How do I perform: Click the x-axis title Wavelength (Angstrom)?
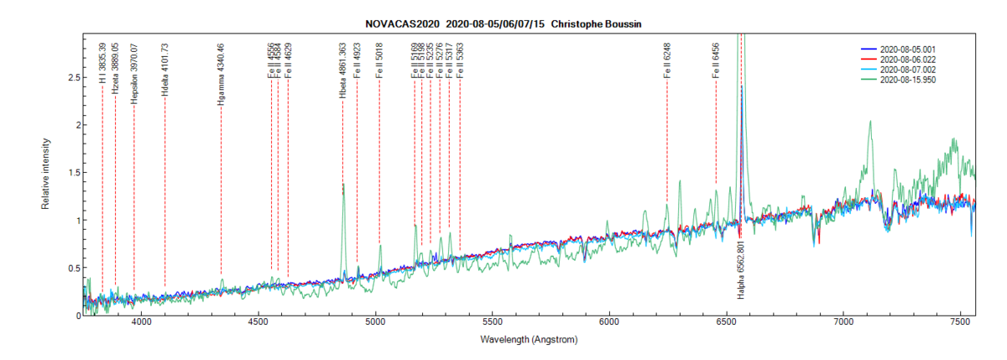(529, 341)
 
